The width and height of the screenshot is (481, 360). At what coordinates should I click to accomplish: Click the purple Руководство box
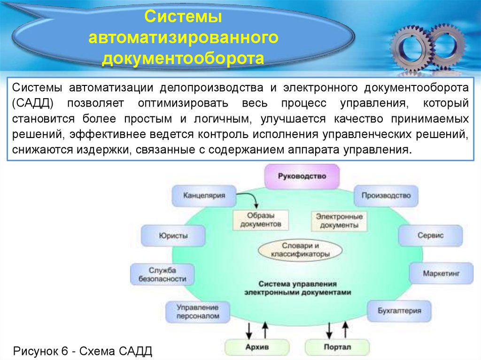[302, 176]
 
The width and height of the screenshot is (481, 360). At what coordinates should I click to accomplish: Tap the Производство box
[386, 196]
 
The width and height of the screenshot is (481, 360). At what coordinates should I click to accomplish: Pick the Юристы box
[173, 235]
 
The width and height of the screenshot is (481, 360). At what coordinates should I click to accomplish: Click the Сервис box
[430, 235]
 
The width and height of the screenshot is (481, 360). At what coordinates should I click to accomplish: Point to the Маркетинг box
[441, 273]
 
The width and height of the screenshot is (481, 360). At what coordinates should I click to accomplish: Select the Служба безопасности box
[162, 274]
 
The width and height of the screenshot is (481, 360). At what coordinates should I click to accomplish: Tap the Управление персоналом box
[198, 312]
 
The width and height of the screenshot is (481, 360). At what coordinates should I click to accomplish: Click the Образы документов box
[260, 220]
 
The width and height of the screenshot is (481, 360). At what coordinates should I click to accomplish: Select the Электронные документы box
[339, 221]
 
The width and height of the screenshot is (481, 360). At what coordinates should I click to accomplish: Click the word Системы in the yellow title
[183, 17]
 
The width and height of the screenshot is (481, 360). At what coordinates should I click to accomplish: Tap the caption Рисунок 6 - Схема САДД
[83, 351]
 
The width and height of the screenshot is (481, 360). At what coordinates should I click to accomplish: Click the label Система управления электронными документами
[297, 288]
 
